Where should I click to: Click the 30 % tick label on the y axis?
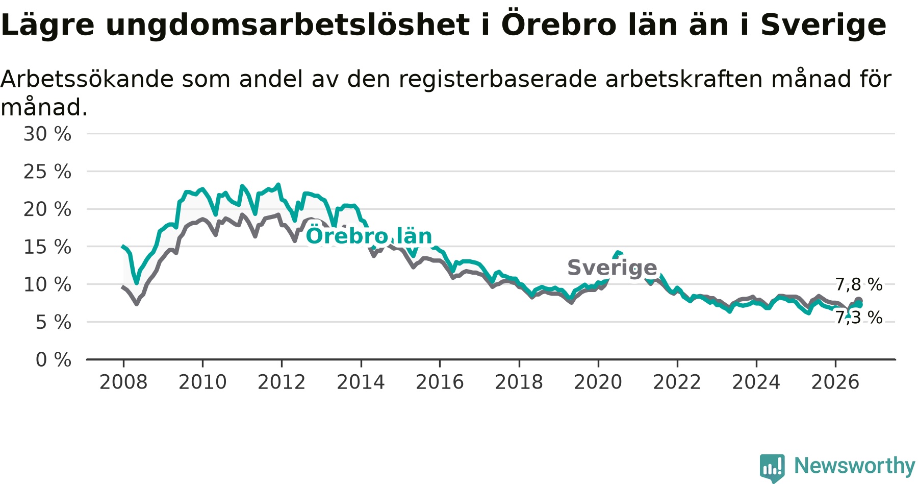[47, 134]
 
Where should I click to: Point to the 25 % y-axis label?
[47, 172]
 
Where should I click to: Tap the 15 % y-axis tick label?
[47, 247]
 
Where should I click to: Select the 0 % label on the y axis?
[54, 360]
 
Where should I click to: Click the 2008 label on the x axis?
[123, 382]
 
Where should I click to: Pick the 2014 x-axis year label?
[361, 382]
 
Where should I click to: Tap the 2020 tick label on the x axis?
[598, 382]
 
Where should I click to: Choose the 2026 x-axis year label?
[835, 382]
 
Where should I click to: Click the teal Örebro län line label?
[369, 236]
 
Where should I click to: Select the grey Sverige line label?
[612, 268]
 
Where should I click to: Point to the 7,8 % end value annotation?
[859, 285]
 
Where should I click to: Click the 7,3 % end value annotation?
[859, 318]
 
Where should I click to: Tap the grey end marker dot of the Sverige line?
[858, 301]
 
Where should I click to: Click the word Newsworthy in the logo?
[855, 466]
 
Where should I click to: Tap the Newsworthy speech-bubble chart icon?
[772, 468]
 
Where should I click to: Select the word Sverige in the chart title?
[824, 26]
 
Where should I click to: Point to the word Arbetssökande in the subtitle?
[87, 80]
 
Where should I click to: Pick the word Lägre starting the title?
[47, 26]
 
